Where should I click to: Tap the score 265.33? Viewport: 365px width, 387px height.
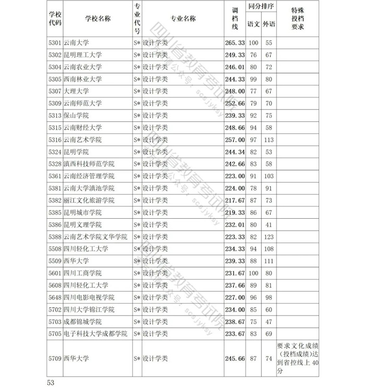click(235, 43)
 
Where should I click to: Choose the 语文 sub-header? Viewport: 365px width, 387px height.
click(254, 24)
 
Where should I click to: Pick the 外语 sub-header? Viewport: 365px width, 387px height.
click(269, 24)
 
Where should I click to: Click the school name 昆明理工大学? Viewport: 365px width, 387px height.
click(82, 55)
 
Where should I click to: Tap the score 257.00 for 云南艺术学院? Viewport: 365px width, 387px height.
click(235, 140)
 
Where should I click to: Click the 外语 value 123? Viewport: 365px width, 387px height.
click(269, 236)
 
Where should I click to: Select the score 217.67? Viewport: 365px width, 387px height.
click(235, 201)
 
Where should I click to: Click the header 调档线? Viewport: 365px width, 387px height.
click(235, 19)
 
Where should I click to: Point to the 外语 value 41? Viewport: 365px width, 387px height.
click(269, 224)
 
